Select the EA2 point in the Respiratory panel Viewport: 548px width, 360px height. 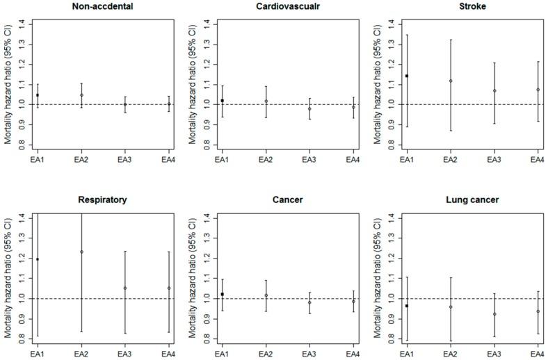[81, 252]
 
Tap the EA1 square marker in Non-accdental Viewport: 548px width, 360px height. [38, 95]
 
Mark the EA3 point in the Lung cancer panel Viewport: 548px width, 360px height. [494, 314]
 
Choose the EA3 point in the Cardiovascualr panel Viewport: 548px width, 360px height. [309, 109]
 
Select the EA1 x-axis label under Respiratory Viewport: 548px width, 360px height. [38, 354]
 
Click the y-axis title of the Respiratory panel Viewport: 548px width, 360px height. [8, 277]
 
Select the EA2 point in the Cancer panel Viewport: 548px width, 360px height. [266, 295]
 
